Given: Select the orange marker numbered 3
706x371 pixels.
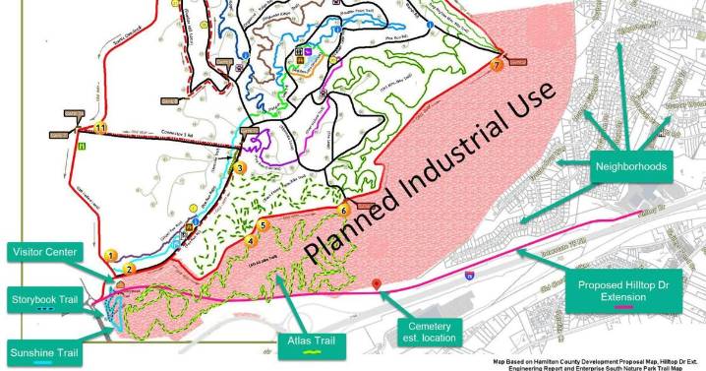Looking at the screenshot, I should tap(239, 168).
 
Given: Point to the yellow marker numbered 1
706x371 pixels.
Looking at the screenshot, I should tap(111, 256).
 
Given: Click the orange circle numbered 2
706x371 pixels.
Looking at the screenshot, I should tap(129, 267).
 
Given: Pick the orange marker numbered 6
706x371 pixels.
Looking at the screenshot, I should tap(343, 210).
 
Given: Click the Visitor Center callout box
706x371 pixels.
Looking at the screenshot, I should tap(47, 251).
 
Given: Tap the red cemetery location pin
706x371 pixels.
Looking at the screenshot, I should tap(378, 284).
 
